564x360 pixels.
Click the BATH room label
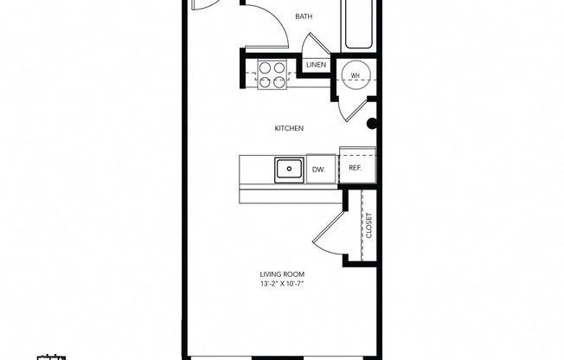(x=304, y=16)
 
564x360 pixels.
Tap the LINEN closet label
(x=315, y=65)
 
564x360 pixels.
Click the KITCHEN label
(x=288, y=128)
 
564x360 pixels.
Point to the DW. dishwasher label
(x=318, y=170)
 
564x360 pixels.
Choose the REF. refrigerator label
(x=355, y=169)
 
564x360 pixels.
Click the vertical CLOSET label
(x=369, y=226)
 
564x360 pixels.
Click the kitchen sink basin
(x=288, y=169)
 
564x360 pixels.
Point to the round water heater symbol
(x=355, y=76)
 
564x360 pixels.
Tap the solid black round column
(x=373, y=124)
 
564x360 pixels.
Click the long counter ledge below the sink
(x=290, y=196)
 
